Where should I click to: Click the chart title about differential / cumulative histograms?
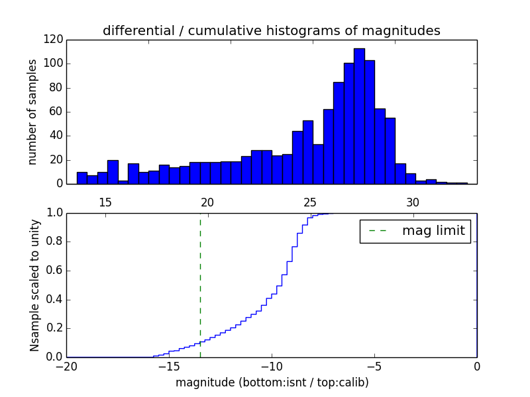click(272, 31)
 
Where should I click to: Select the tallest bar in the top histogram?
click(359, 116)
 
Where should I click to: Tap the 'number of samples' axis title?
click(32, 112)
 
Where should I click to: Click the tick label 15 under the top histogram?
click(105, 202)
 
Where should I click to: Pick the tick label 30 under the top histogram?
click(413, 202)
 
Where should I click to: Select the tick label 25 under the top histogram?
click(310, 202)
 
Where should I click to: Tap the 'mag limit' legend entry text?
click(433, 231)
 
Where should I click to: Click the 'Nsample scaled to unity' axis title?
click(34, 285)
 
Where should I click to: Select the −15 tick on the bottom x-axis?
click(169, 366)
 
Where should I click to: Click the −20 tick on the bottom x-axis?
click(66, 366)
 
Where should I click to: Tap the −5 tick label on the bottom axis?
click(374, 366)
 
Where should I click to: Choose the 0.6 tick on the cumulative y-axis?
click(54, 271)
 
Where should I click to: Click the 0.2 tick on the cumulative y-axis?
click(54, 328)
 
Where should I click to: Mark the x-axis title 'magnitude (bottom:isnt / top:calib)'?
click(272, 382)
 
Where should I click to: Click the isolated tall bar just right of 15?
click(113, 171)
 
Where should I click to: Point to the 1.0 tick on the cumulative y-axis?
click(54, 213)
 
